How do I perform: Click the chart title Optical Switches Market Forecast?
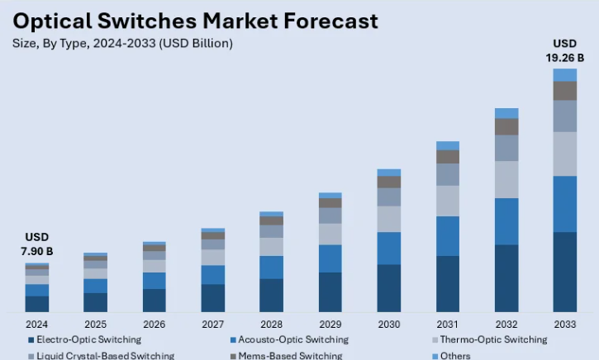(196, 20)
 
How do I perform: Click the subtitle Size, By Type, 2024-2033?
(122, 43)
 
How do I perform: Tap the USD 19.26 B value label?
(565, 50)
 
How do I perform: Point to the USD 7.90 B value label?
(37, 244)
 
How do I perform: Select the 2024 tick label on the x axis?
(37, 324)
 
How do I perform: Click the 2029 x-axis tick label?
(330, 324)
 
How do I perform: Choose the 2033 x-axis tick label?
(565, 324)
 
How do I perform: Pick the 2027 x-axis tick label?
(213, 324)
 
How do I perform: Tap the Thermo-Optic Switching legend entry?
(492, 339)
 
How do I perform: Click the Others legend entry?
(455, 356)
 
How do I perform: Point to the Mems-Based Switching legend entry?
(289, 356)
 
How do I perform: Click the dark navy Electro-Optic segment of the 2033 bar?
(565, 272)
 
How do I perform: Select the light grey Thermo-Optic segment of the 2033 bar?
(565, 154)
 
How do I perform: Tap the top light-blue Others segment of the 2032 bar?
(506, 113)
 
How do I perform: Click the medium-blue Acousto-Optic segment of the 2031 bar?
(448, 236)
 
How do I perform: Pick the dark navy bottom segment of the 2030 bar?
(389, 288)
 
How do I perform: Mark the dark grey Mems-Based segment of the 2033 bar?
(565, 91)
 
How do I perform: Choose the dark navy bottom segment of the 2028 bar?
(272, 296)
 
